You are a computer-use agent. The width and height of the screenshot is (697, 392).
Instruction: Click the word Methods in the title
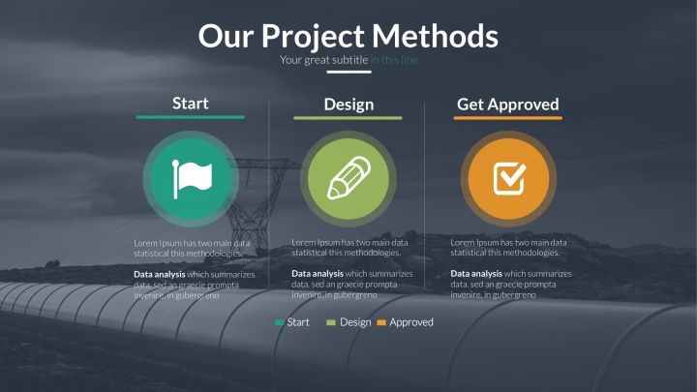(x=435, y=36)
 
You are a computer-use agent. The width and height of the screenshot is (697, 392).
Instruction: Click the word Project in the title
(x=313, y=38)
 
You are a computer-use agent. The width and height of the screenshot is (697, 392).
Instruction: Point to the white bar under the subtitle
(x=348, y=72)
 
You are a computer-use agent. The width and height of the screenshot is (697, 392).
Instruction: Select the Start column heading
(x=191, y=104)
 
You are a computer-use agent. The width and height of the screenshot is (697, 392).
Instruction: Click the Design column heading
(x=348, y=105)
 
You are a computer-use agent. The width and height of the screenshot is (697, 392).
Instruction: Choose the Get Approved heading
(x=507, y=105)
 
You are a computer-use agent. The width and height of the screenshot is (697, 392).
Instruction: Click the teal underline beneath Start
(x=191, y=117)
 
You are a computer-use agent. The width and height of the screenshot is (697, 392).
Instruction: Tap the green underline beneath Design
(x=348, y=118)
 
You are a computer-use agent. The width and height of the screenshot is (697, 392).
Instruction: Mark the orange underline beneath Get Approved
(x=507, y=118)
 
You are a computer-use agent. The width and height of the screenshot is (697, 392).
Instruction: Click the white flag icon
(x=192, y=179)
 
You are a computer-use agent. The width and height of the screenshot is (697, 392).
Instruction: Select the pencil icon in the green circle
(x=348, y=178)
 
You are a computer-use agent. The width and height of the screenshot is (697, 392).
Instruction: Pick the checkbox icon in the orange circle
(x=509, y=178)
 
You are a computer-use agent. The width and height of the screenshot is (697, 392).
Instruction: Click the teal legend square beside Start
(x=280, y=322)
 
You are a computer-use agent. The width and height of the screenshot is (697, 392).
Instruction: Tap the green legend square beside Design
(x=331, y=322)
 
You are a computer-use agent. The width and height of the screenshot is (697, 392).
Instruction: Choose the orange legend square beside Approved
(x=381, y=322)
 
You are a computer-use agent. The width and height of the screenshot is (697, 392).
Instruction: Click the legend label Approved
(x=411, y=322)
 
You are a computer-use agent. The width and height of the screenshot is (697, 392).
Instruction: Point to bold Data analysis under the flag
(x=159, y=275)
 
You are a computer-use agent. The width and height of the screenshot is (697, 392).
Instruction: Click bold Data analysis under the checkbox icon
(x=476, y=274)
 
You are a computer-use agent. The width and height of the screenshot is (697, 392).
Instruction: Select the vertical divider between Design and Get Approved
(x=425, y=196)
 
